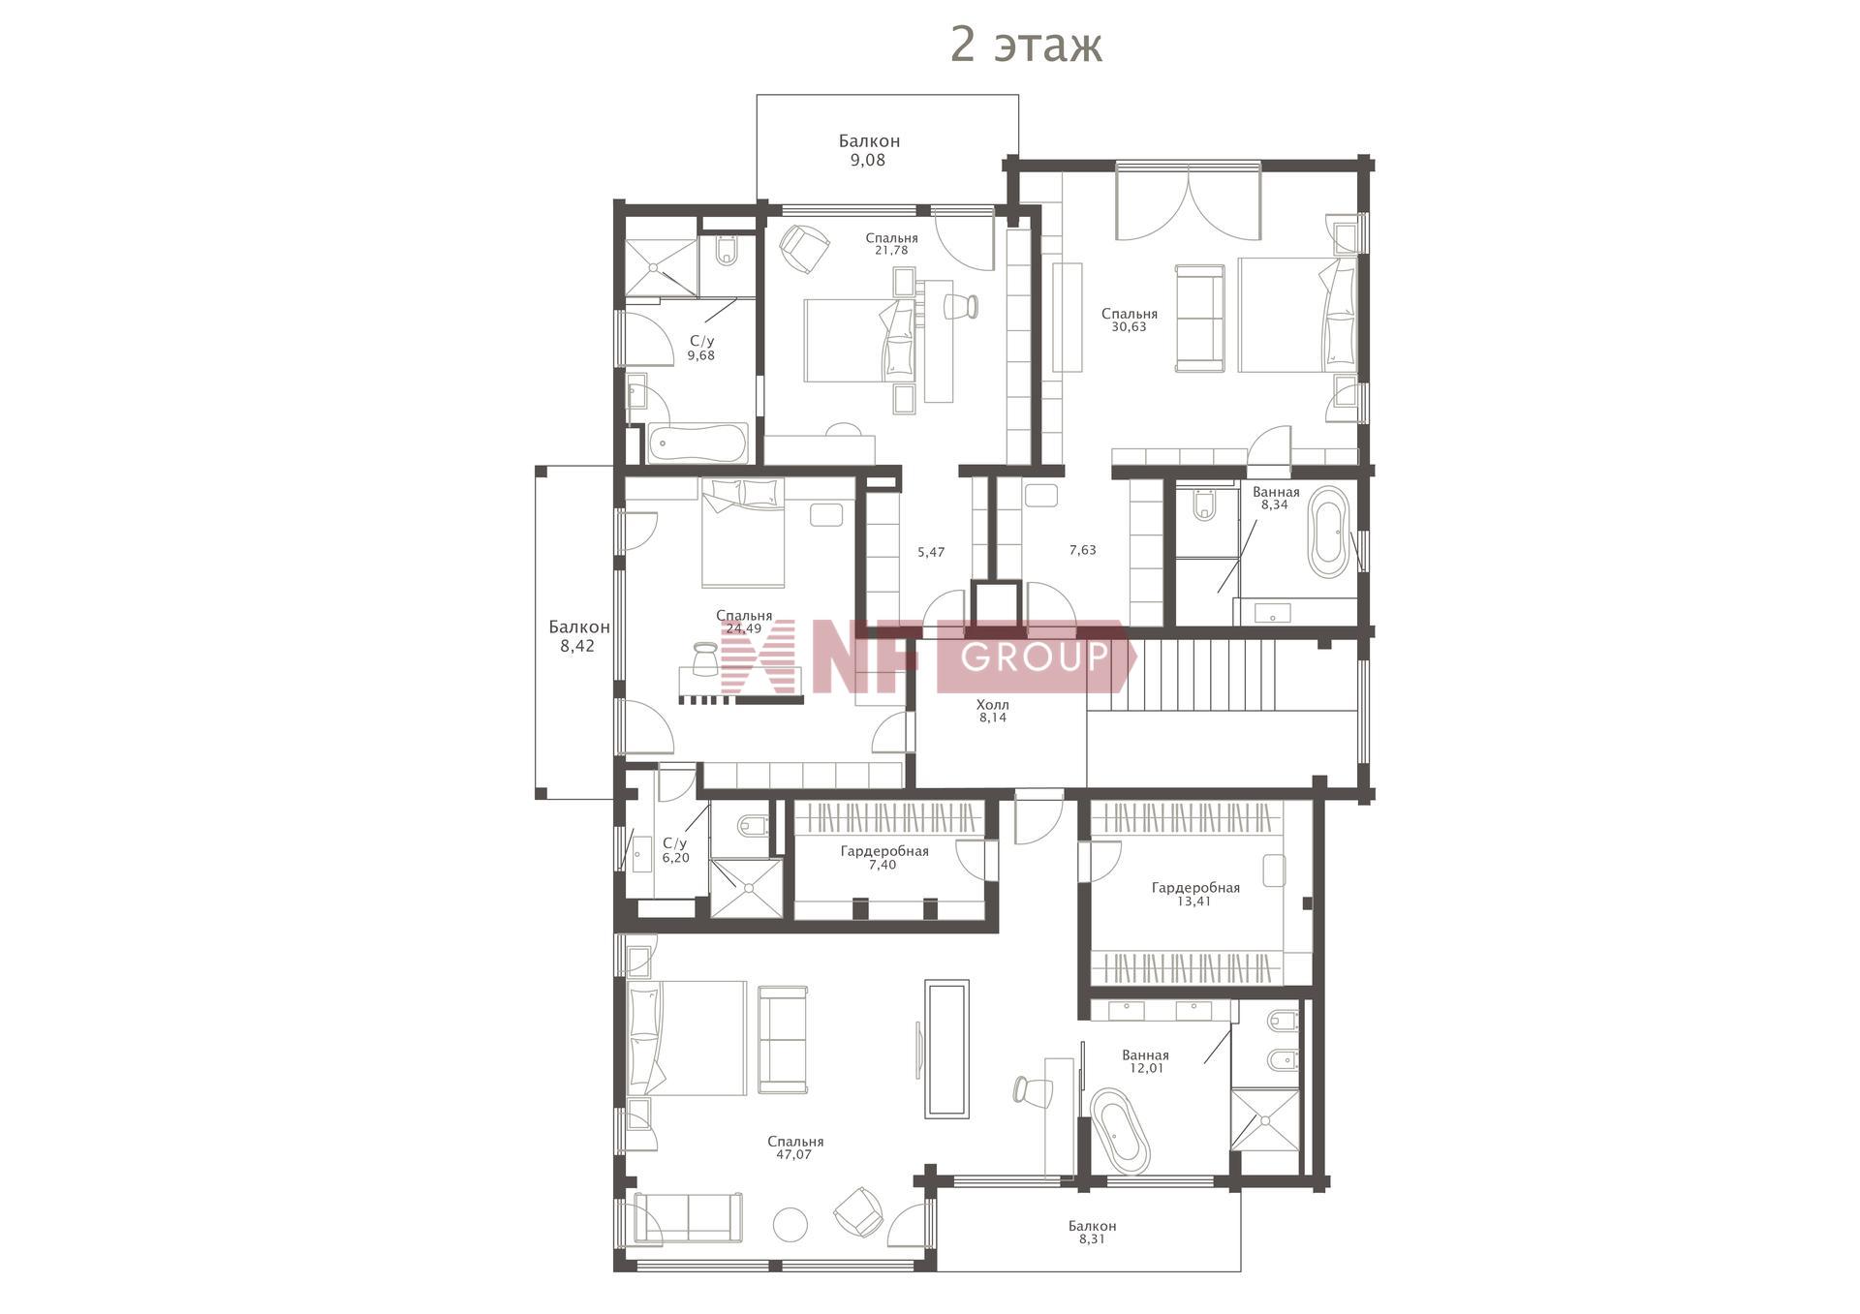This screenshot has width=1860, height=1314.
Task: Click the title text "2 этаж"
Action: pyautogui.click(x=1026, y=45)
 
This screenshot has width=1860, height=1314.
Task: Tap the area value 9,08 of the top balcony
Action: pyautogui.click(x=868, y=161)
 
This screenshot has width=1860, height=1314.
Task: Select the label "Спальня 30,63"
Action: pyautogui.click(x=1130, y=321)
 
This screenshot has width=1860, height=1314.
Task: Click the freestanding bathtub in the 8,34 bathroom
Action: pyautogui.click(x=1327, y=533)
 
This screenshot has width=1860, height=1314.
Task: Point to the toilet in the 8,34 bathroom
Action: pyautogui.click(x=1204, y=504)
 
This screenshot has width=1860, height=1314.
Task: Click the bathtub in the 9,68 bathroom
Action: pyautogui.click(x=697, y=444)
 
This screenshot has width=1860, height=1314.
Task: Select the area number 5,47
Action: pyautogui.click(x=931, y=552)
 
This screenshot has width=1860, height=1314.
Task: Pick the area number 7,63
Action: pyautogui.click(x=1083, y=550)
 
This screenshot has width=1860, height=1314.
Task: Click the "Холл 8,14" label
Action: pyautogui.click(x=993, y=711)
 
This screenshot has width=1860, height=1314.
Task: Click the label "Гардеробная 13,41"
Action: pyautogui.click(x=1195, y=894)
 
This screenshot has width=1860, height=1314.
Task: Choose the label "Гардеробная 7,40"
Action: pyautogui.click(x=884, y=858)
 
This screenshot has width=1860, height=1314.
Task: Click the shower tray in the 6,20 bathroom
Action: pyautogui.click(x=745, y=887)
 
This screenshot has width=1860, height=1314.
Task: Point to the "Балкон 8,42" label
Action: pyautogui.click(x=578, y=636)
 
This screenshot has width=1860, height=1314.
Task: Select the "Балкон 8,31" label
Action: pyautogui.click(x=1093, y=1232)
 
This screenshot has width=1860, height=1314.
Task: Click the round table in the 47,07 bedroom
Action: pyautogui.click(x=790, y=1225)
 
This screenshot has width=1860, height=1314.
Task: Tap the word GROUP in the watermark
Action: pyautogui.click(x=1036, y=657)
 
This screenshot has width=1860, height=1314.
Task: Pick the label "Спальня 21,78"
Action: pyautogui.click(x=891, y=244)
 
